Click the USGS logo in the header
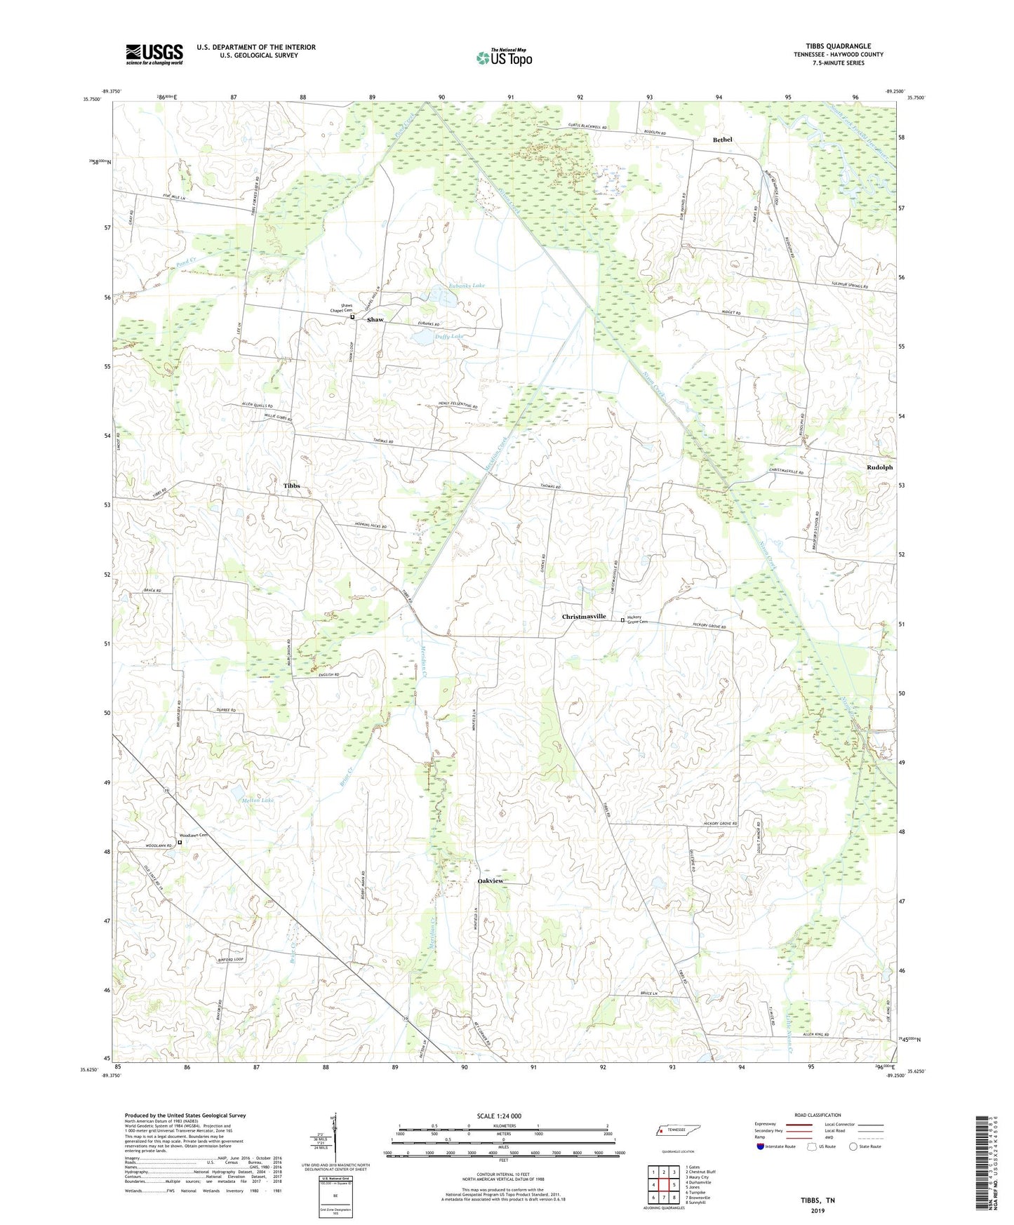coord(154,54)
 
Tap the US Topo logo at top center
coord(503,57)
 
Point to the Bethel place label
coord(722,140)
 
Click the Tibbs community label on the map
coord(291,486)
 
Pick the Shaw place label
coord(375,320)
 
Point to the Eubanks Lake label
coord(466,286)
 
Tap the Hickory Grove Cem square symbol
coord(622,620)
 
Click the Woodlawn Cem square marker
coord(179,843)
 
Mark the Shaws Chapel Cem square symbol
coord(353,317)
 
